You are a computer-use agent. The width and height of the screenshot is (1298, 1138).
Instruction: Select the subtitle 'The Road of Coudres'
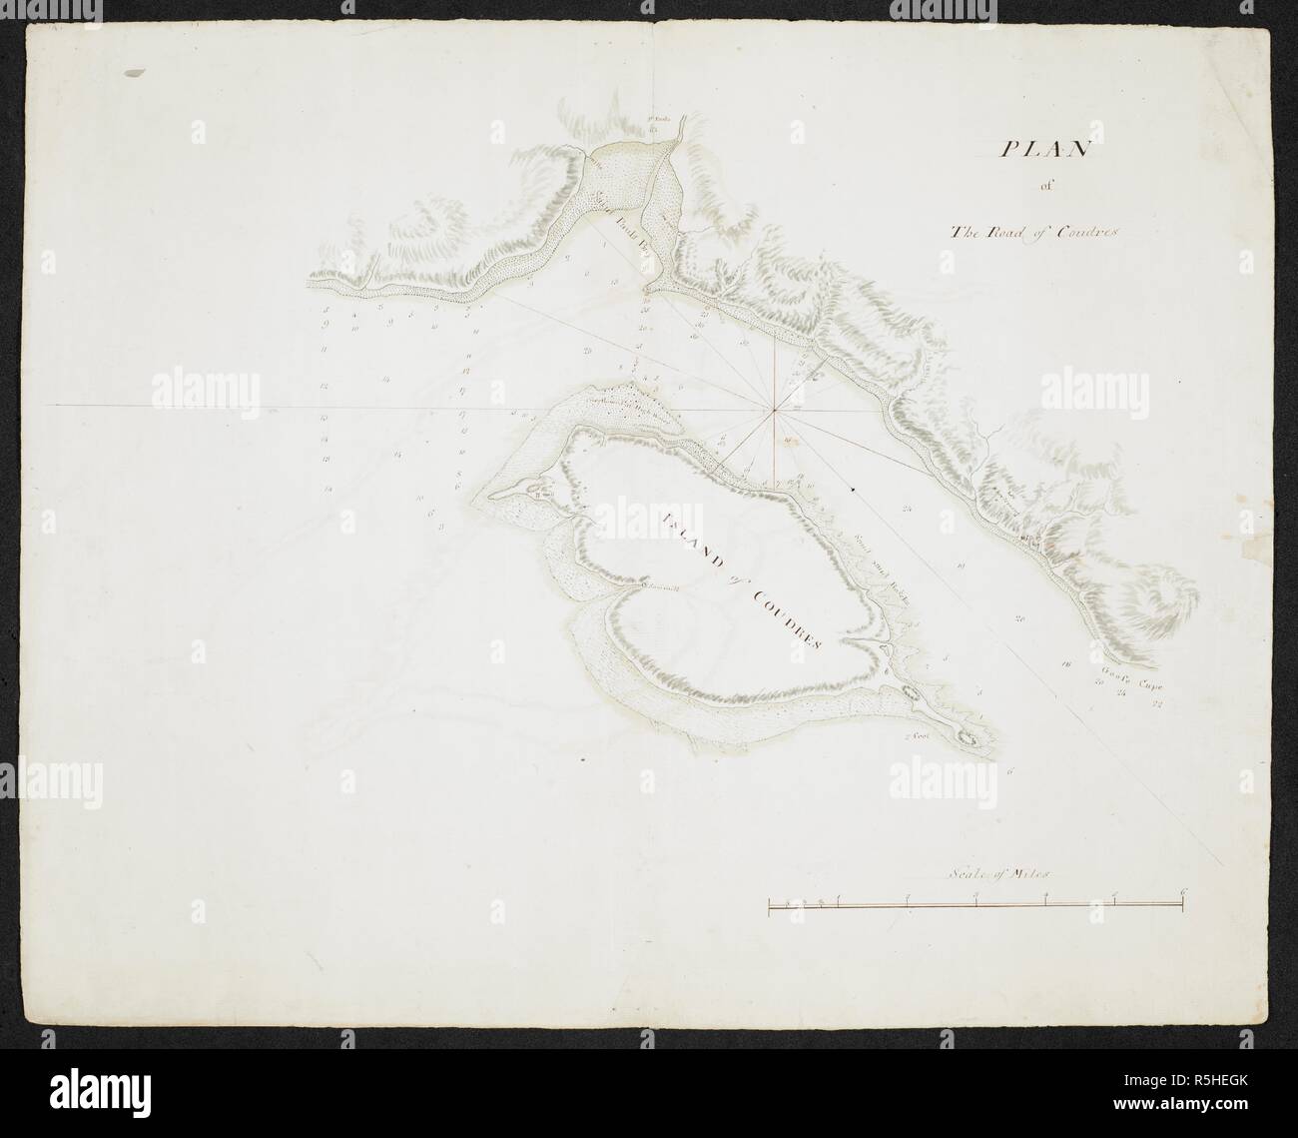pos(1037,233)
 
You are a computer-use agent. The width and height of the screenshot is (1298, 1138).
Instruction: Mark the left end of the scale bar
pos(769,905)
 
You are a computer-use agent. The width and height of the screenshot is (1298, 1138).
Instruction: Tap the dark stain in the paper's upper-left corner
pos(133,73)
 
